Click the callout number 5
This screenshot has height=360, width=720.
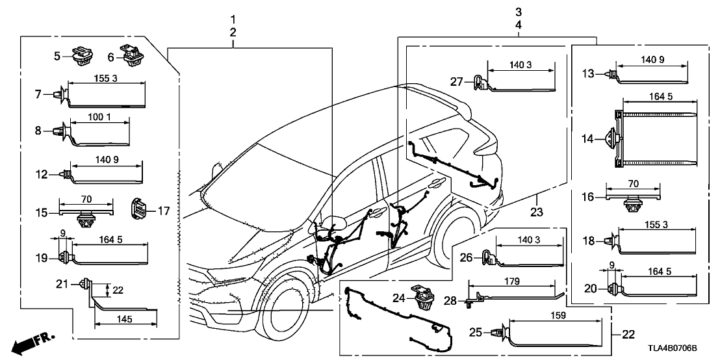point(58,56)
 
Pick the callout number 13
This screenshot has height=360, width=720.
point(587,73)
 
